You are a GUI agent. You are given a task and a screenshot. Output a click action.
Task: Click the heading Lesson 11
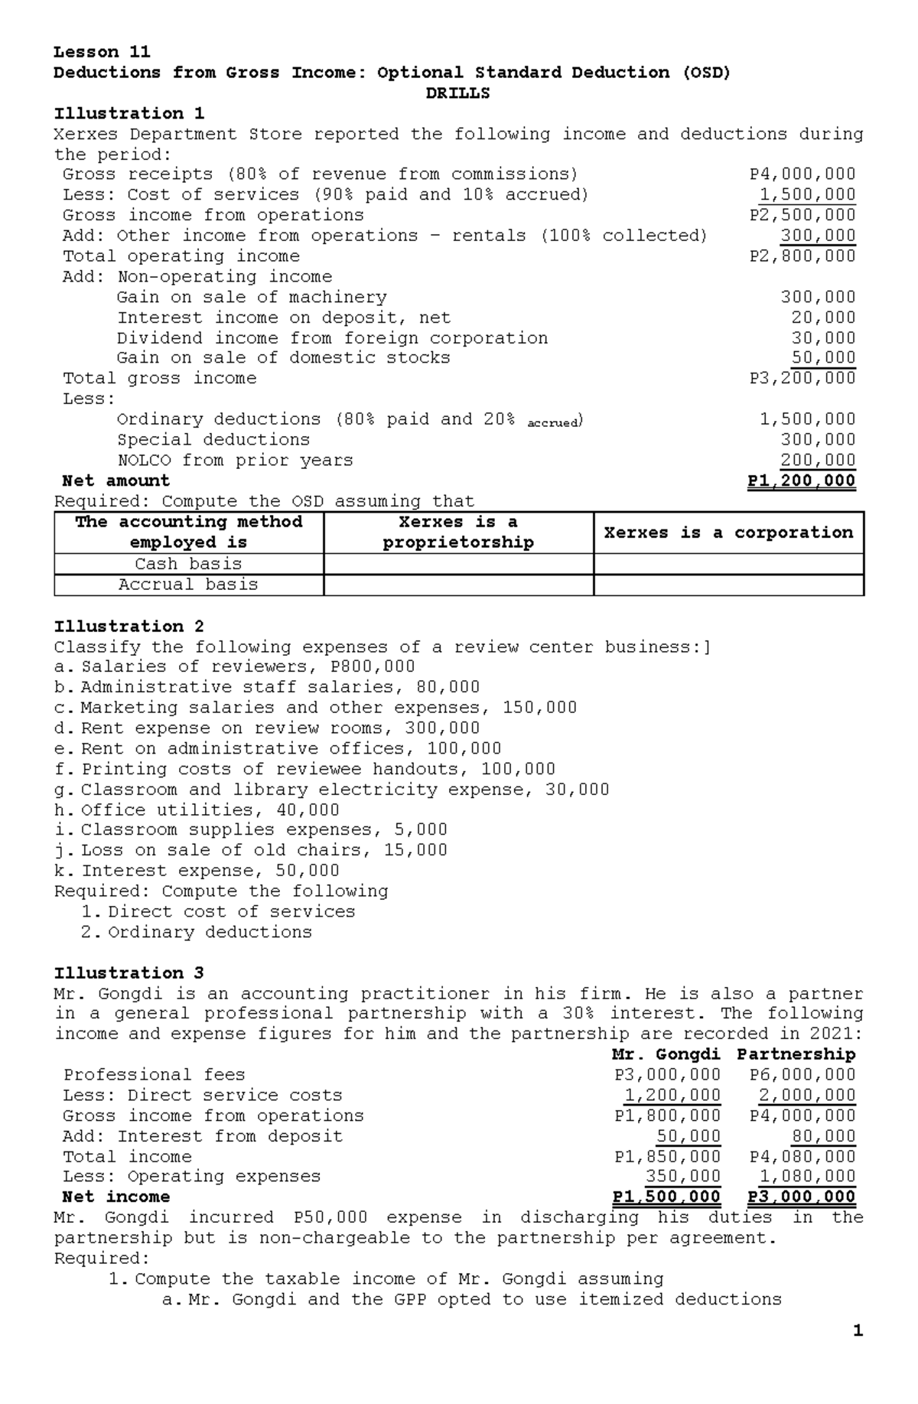(x=102, y=52)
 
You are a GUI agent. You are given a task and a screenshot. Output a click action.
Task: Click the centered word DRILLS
(x=457, y=93)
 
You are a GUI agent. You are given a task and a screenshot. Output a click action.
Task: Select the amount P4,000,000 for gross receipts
(x=802, y=174)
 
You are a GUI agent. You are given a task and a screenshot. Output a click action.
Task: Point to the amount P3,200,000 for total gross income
(x=802, y=379)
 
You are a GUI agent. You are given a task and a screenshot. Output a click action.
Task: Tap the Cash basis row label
(x=188, y=564)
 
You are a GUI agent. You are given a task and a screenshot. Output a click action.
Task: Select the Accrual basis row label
(x=188, y=585)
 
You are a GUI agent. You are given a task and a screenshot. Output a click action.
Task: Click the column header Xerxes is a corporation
(x=728, y=533)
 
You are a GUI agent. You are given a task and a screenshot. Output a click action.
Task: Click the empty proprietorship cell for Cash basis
(x=458, y=564)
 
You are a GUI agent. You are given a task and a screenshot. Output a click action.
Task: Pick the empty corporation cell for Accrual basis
(x=728, y=585)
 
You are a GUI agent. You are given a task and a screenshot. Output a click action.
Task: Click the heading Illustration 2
(x=129, y=627)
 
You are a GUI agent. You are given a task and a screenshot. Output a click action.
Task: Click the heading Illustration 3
(x=129, y=973)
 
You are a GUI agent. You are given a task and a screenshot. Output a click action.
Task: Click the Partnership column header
(x=796, y=1054)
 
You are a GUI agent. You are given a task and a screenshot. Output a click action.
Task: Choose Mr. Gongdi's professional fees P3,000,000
(x=667, y=1075)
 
